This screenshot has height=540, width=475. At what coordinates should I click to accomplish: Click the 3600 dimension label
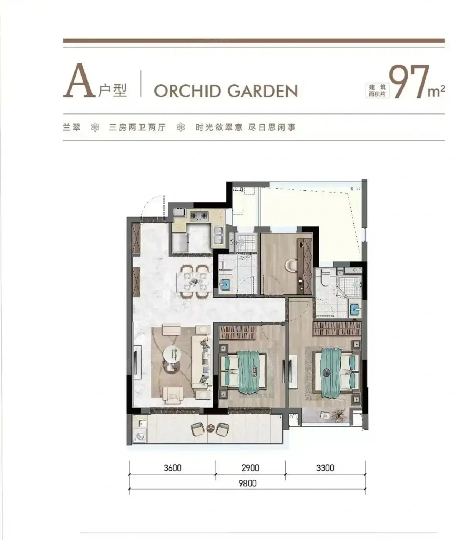click(172, 468)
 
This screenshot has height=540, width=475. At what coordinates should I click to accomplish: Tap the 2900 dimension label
click(251, 468)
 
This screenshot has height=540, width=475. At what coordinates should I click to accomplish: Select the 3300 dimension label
click(325, 468)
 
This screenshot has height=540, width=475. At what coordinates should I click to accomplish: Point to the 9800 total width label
click(248, 483)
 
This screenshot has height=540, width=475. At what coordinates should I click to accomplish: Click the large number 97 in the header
click(409, 81)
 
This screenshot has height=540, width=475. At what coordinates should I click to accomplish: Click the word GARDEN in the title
click(263, 91)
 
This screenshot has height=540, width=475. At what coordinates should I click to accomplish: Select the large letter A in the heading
click(79, 81)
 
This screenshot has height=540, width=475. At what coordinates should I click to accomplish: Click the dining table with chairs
click(195, 281)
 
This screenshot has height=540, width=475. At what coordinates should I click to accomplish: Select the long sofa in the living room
click(202, 362)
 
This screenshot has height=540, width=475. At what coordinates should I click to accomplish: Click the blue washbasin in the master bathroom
click(355, 310)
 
